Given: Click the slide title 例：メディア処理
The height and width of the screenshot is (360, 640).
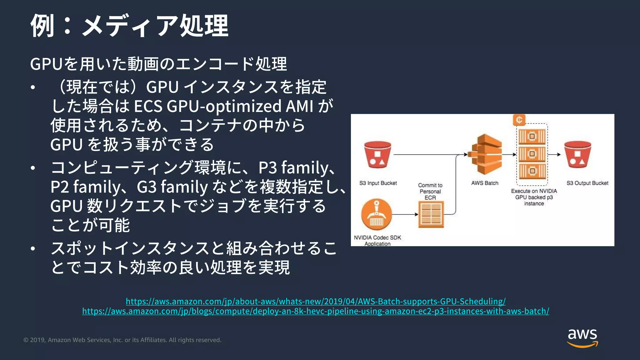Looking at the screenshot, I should pos(129,26).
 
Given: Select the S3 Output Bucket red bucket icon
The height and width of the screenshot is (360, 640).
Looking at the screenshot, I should pos(577,155).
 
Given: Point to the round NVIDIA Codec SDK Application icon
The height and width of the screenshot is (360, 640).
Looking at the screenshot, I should pos(376,215).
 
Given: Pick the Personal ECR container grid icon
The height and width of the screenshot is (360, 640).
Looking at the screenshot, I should pos(431,214).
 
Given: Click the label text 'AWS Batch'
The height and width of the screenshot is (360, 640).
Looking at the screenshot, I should pos(485,183).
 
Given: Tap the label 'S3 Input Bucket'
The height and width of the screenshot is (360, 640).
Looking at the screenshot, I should pos(378,183).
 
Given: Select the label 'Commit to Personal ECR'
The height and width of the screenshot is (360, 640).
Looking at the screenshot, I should pos(430,191).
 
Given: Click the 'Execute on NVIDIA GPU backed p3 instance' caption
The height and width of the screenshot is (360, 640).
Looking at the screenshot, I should pos(534,197).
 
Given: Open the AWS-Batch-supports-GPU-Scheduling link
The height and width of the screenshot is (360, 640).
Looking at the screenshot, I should pos(316,301).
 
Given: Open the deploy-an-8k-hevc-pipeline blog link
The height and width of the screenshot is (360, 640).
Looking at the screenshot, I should pos(316,311).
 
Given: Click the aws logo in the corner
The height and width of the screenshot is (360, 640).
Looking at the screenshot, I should pos(582,337).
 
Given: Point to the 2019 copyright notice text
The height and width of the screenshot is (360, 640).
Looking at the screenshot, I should pos(122,340).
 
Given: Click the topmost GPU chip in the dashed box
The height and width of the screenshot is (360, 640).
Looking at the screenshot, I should pos(532,137).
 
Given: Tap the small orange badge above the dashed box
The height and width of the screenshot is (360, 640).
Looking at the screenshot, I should pos(519,120).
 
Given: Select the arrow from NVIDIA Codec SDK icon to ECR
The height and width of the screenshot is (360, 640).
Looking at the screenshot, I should pos(405,214).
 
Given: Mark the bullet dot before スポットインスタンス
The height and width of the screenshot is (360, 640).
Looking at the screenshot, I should pos(33,249).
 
